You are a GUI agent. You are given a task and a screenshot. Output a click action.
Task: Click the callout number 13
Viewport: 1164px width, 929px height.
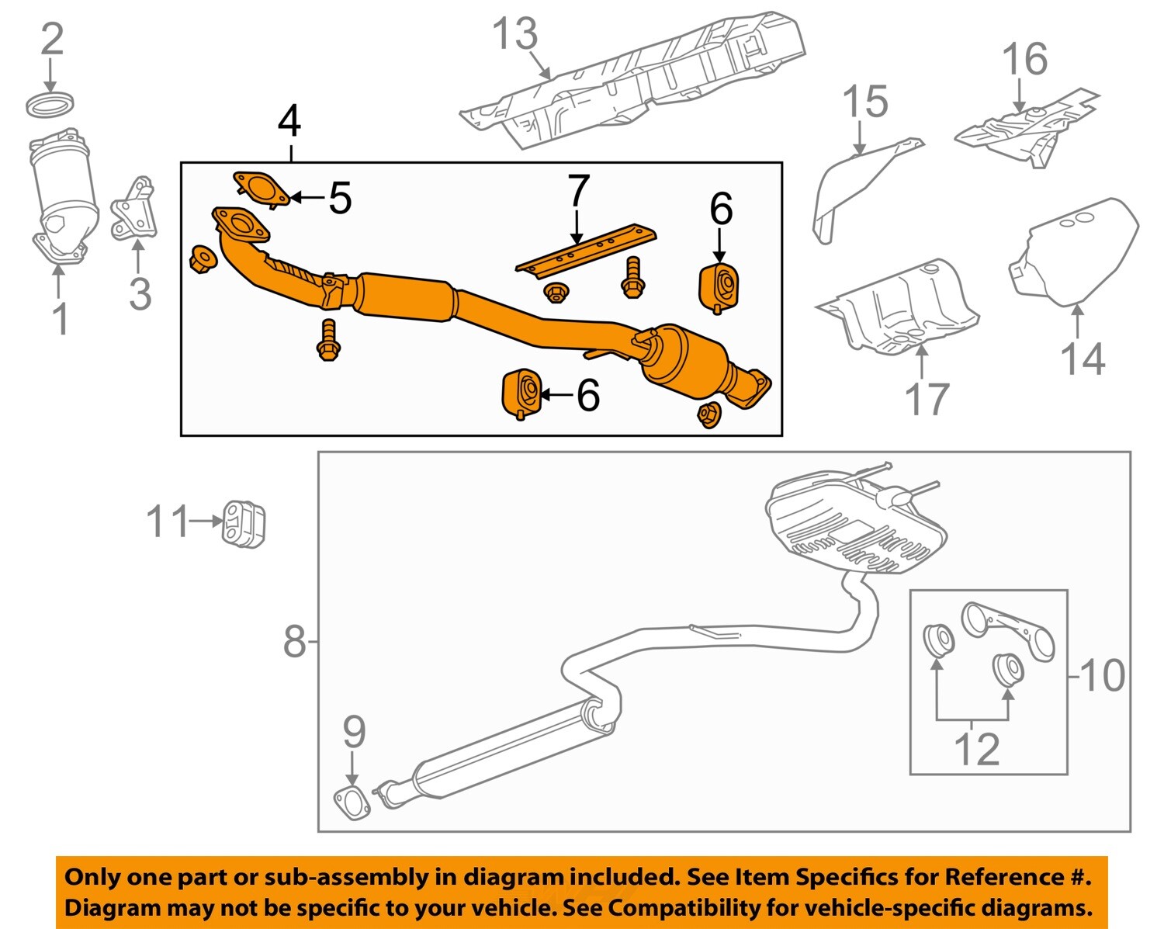[x=515, y=35]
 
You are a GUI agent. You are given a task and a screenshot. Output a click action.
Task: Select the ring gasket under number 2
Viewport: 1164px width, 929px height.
[x=51, y=104]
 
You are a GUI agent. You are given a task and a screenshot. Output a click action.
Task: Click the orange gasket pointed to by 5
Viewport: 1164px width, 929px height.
[x=261, y=188]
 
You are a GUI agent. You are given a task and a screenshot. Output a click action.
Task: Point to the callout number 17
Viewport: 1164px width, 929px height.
[x=927, y=398]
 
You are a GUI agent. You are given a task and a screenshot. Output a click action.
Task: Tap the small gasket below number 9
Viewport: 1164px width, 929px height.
[x=352, y=802]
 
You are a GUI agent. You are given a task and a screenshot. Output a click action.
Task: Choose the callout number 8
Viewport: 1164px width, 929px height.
[x=294, y=642]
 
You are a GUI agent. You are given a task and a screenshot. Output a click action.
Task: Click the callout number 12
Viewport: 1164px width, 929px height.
[x=975, y=749]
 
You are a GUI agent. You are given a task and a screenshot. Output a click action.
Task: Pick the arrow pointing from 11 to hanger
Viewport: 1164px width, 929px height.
[x=206, y=522]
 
